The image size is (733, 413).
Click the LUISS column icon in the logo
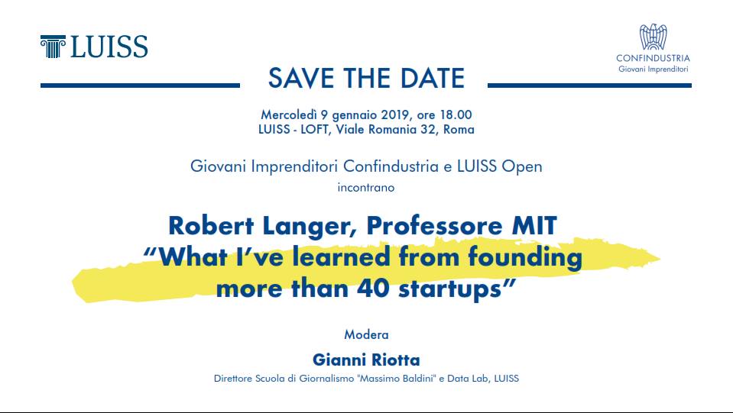point(53,47)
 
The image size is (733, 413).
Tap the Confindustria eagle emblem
point(653,37)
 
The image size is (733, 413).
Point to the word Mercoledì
point(288,115)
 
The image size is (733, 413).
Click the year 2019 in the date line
point(395,115)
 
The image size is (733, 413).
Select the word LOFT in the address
point(314,129)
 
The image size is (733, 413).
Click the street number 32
point(427,129)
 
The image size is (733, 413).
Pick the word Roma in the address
point(459,129)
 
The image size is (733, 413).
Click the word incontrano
point(366,188)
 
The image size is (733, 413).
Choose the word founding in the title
point(525,257)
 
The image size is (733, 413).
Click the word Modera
point(367,334)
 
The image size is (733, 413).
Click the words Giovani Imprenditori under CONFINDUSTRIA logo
point(653,69)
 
